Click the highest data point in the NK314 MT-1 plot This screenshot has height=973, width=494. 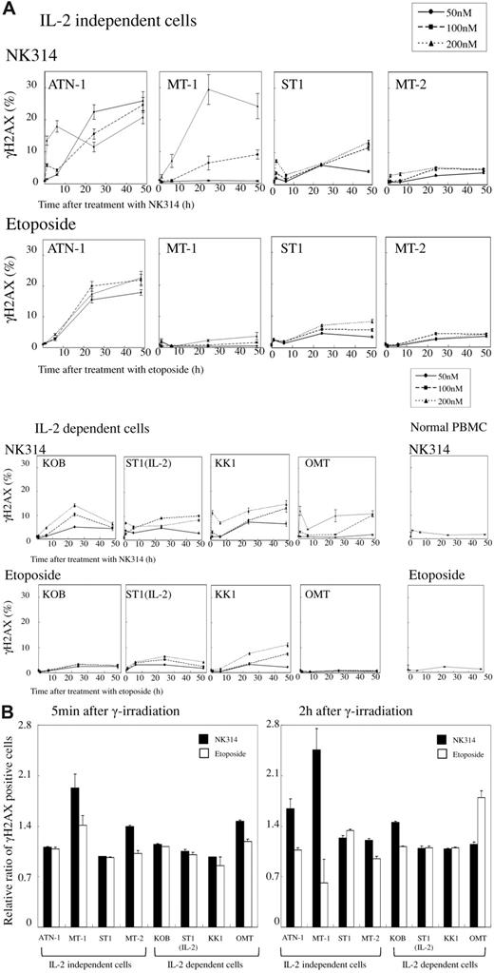pos(208,90)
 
